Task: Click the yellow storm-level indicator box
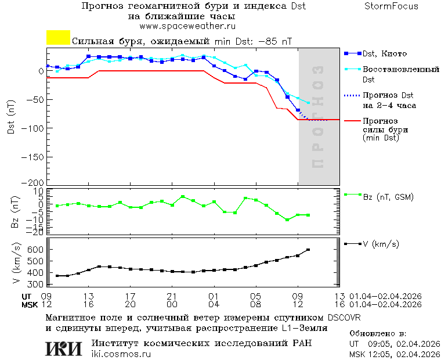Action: click(58, 38)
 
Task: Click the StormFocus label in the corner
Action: click(391, 6)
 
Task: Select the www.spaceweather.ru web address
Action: click(187, 26)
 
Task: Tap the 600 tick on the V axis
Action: click(35, 249)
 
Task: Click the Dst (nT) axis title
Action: click(11, 117)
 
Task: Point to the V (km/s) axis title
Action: click(16, 265)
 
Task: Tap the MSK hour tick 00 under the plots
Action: click(172, 304)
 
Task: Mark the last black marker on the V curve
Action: click(308, 250)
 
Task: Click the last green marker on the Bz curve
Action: click(308, 215)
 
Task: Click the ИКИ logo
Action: click(64, 348)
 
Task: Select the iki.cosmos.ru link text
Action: click(121, 354)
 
